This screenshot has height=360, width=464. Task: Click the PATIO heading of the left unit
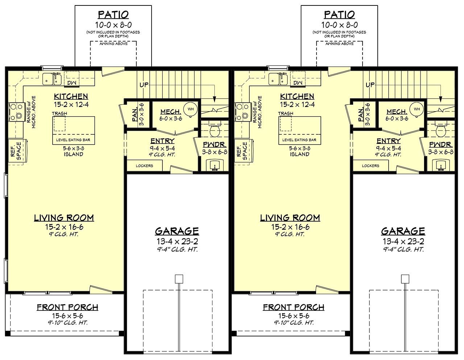(113, 15)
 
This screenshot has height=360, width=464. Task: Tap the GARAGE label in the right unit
(403, 231)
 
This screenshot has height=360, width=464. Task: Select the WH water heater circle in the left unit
(191, 109)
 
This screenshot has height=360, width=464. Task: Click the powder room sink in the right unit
(442, 165)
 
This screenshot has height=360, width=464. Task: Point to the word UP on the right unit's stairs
(370, 85)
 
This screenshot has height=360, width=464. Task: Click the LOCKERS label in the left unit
(144, 166)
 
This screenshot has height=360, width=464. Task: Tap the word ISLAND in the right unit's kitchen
(299, 154)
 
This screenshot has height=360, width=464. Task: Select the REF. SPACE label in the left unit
(16, 151)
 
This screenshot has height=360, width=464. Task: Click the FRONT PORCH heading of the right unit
(294, 307)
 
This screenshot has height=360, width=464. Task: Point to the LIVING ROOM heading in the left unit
(64, 218)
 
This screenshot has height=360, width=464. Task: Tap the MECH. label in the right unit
(397, 112)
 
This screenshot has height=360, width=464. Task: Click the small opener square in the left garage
(179, 279)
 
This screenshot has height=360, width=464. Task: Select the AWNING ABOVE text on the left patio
(113, 43)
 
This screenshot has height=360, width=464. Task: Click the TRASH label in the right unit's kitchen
(286, 113)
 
